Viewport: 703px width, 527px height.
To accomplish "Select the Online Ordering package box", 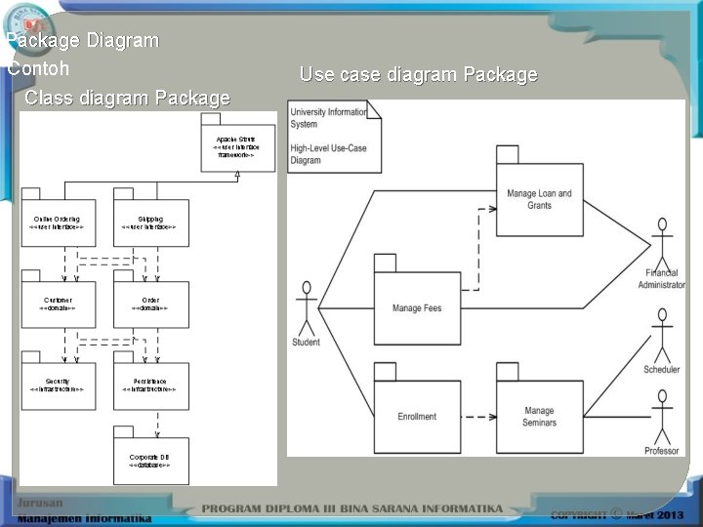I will tap(57, 223).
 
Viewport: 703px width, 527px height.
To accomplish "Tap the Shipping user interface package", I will tap(148, 223).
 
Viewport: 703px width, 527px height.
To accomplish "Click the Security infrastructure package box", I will tap(57, 384).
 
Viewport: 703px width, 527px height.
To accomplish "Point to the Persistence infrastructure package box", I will tap(148, 384).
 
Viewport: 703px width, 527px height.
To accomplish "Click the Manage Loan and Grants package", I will tap(539, 199).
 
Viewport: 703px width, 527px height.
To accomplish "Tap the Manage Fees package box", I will tap(417, 307).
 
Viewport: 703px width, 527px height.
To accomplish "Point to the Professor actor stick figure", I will tap(663, 416).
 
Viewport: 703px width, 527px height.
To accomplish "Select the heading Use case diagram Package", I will tap(418, 74).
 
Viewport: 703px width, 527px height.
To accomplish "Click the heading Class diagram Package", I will tap(127, 98).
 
